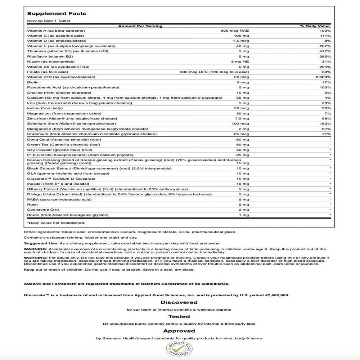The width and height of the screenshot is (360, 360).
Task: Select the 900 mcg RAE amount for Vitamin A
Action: coord(234,31)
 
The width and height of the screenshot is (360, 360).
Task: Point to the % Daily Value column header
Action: coord(315,26)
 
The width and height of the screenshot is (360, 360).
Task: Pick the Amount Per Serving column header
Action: coord(140,26)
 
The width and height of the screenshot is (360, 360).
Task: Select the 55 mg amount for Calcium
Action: coord(243,98)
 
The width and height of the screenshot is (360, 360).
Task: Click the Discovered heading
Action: coord(179,302)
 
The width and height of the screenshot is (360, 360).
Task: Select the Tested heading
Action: coord(179,316)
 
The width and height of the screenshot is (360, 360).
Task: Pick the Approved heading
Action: coord(179,331)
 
